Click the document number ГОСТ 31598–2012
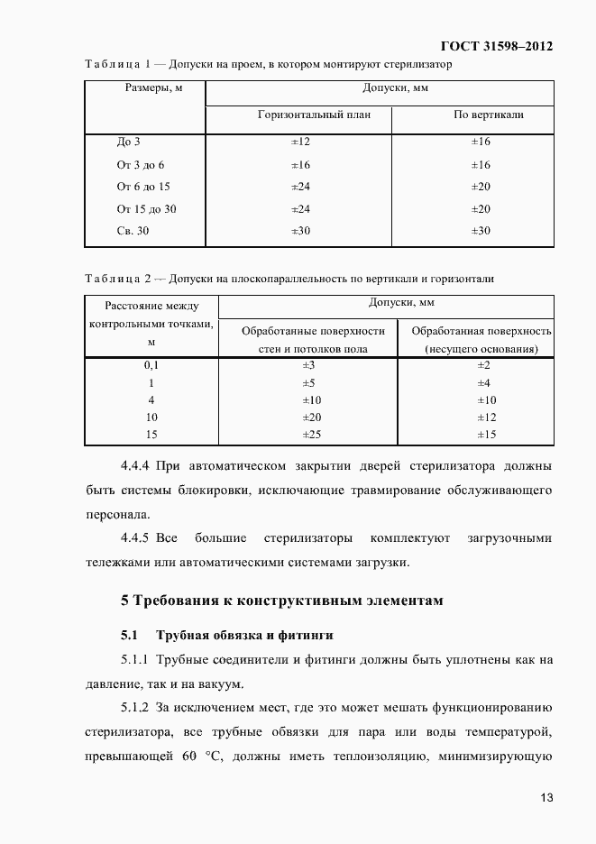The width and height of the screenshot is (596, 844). [x=497, y=46]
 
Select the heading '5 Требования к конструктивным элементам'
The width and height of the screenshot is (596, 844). [x=282, y=601]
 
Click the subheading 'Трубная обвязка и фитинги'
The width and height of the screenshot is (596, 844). [x=244, y=635]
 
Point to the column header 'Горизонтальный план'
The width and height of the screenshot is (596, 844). [x=313, y=115]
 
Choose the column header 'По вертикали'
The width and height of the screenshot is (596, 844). [x=488, y=115]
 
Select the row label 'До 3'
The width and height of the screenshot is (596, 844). [x=129, y=142]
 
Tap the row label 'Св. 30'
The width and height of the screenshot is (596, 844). [x=133, y=231]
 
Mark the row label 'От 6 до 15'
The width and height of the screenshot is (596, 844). [x=143, y=187]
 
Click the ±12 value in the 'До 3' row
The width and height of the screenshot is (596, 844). [x=300, y=142]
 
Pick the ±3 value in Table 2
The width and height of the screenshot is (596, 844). [x=307, y=365]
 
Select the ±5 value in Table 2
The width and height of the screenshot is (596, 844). [x=307, y=382]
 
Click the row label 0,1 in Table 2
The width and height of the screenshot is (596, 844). [x=151, y=365]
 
